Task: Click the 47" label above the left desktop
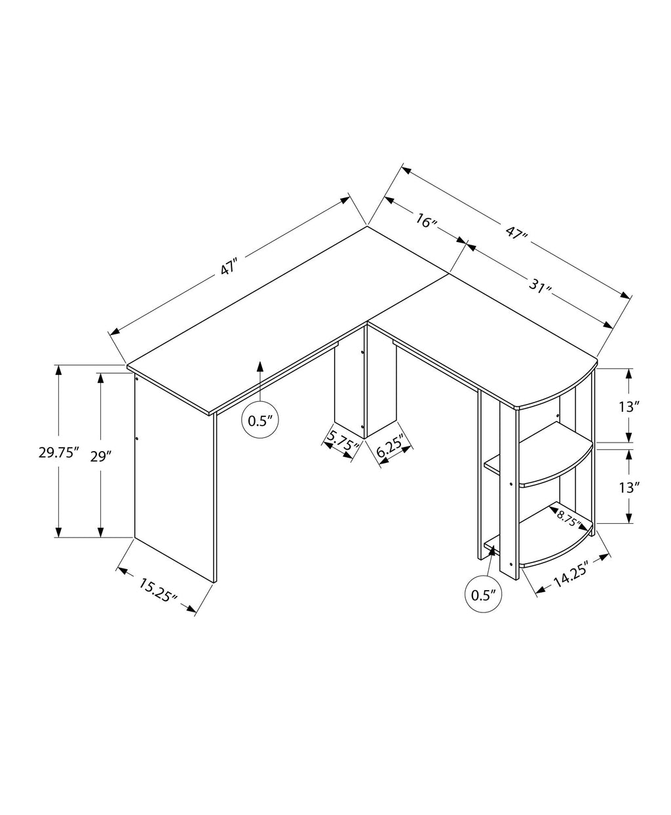tap(228, 268)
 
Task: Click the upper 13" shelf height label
tap(628, 407)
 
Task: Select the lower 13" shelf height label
tap(628, 487)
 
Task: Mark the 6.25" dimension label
tap(393, 449)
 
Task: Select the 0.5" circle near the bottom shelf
tap(483, 595)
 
